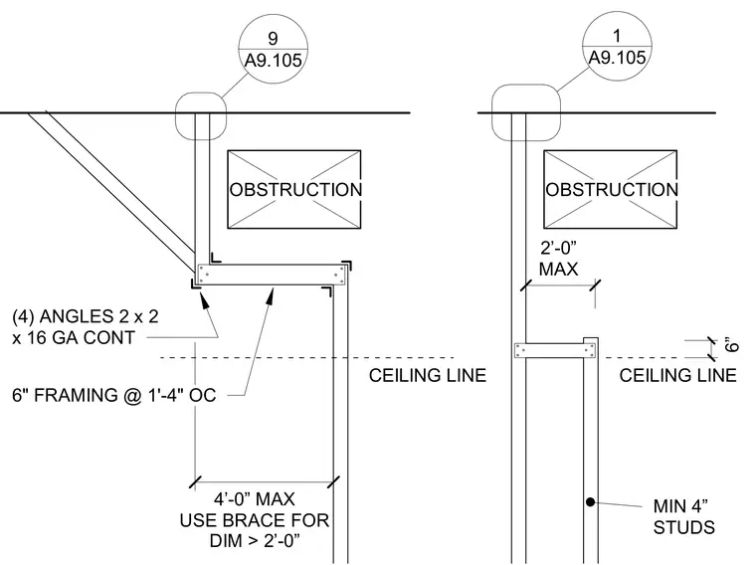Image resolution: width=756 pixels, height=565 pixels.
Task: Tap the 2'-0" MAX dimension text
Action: coord(558,258)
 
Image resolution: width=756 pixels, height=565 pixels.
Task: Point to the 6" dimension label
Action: coord(731,345)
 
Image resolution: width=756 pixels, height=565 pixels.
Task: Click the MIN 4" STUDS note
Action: coord(683,516)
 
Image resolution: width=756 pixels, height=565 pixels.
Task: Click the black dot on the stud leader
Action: coord(590,502)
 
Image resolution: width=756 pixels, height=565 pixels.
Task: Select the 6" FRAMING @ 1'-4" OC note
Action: coord(113,395)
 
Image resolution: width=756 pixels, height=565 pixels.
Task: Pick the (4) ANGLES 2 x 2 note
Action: coord(86,327)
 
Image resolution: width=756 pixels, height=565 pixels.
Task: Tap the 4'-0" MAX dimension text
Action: coord(254,499)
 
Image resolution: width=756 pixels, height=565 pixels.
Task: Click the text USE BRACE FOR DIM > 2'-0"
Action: coord(254,530)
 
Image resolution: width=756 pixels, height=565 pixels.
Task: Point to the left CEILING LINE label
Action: coord(428,376)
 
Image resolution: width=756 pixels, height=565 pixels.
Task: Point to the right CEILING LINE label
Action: coord(677,376)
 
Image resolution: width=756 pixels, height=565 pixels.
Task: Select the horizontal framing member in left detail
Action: coord(272,275)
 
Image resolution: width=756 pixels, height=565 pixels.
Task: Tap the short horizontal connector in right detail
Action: coord(555,350)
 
